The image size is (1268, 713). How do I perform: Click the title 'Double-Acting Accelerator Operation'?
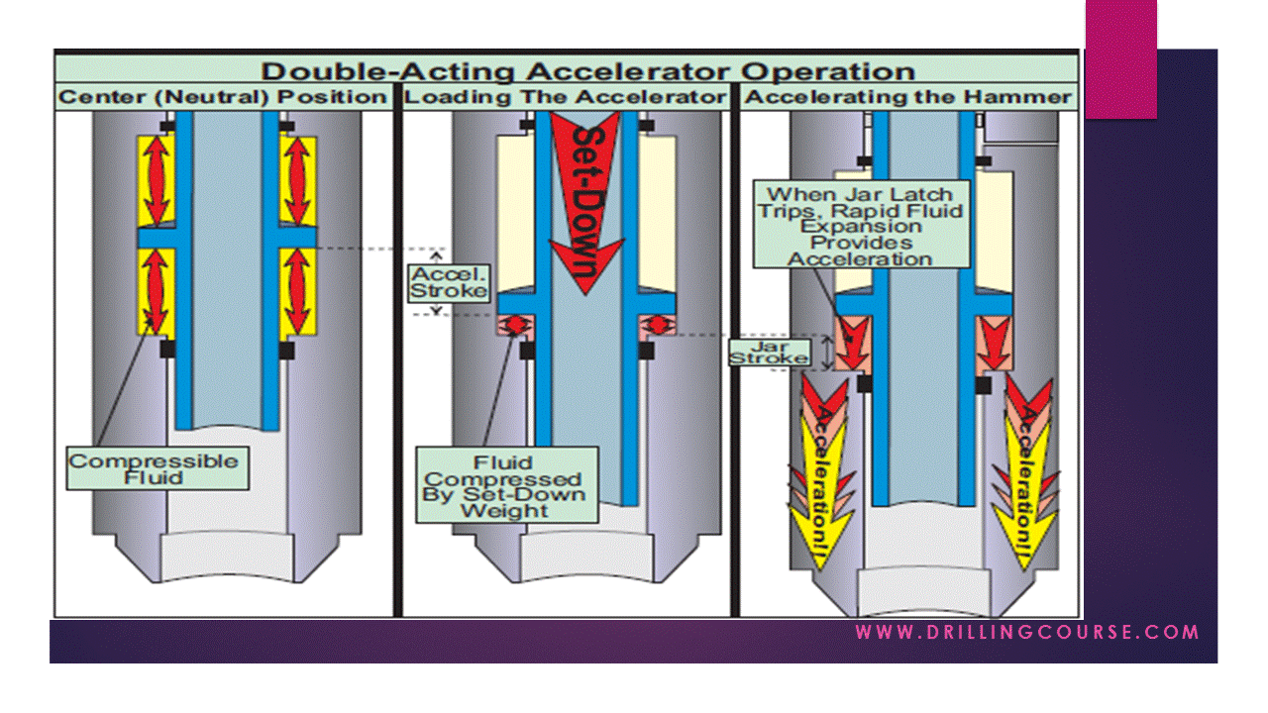(x=587, y=71)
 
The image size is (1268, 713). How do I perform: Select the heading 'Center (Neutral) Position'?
(x=223, y=97)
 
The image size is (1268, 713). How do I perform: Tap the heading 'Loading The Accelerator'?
(x=566, y=97)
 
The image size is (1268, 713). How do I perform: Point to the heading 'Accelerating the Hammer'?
(x=908, y=97)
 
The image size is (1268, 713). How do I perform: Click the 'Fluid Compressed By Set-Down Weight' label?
(x=505, y=486)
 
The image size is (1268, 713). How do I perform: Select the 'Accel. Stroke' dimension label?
(x=450, y=282)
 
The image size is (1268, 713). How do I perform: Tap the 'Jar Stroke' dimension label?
(x=768, y=352)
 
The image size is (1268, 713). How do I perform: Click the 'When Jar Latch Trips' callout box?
(x=860, y=227)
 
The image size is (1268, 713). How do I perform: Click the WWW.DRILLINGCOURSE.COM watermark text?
(x=1027, y=632)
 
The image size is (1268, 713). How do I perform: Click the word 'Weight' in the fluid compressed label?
(x=505, y=511)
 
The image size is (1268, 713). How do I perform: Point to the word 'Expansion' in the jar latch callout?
(x=860, y=227)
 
